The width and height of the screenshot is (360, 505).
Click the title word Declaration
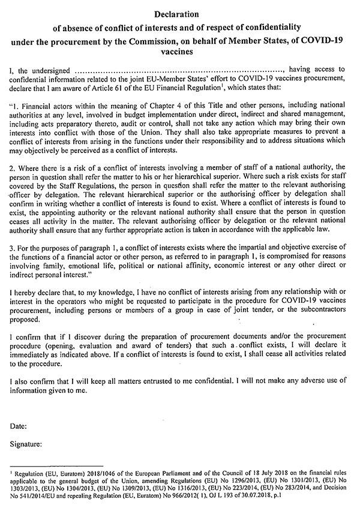(179, 13)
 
